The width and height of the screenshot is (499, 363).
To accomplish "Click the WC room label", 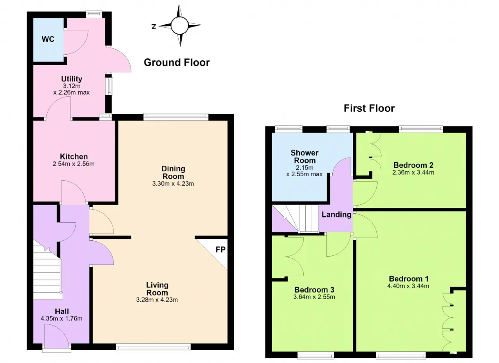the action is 48,39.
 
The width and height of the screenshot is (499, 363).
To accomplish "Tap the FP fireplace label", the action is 221,250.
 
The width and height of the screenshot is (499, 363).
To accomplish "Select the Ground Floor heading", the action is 177,62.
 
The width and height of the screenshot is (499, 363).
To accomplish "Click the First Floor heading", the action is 369,108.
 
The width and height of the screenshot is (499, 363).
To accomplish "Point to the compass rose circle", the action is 180,25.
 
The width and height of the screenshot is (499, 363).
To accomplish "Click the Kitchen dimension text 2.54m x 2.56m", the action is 74,164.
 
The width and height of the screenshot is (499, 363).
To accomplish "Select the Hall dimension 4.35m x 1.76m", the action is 62,319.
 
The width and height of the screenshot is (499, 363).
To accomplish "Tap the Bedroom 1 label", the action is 409,278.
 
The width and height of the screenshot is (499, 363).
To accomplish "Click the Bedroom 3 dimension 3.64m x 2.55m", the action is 314,297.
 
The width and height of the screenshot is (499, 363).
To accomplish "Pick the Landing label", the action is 336,214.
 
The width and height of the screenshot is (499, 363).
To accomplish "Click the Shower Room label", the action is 304,157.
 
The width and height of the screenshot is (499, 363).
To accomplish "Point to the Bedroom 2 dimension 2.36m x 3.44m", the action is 413,172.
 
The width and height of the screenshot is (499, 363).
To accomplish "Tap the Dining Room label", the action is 173,172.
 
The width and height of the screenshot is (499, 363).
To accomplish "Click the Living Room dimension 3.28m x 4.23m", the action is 157,300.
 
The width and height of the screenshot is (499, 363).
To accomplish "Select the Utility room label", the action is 72,79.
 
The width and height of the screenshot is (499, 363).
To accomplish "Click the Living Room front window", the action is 153,347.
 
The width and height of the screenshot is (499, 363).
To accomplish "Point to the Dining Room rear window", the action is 176,117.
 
